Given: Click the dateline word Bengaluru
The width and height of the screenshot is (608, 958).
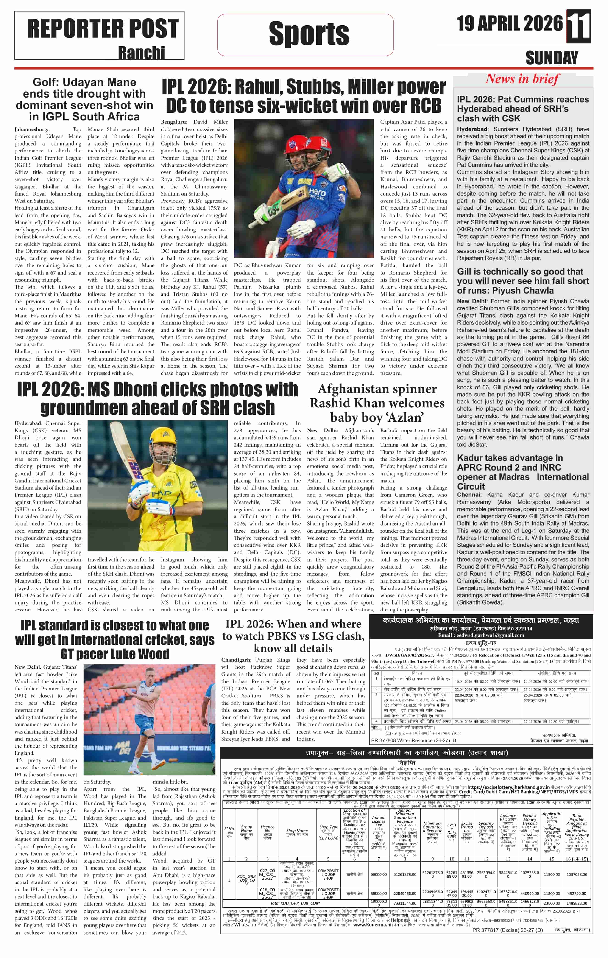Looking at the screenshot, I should (173, 122).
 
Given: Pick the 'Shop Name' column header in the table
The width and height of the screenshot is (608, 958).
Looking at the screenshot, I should (297, 831).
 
